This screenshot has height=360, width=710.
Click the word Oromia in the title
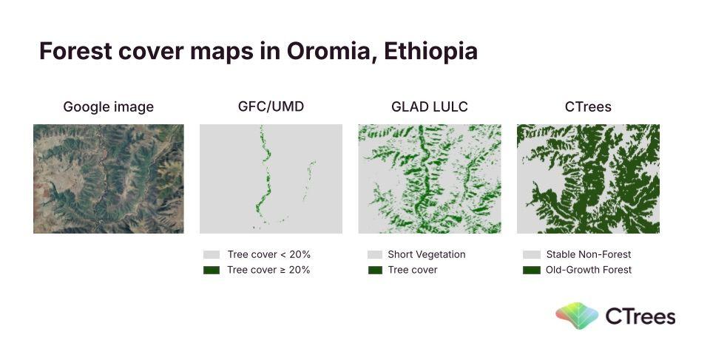coord(328,51)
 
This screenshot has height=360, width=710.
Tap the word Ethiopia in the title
coord(430,52)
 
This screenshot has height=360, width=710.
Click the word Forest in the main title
coord(75,51)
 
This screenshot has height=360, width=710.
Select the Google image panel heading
coord(109,107)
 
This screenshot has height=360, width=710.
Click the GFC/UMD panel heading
coord(271,106)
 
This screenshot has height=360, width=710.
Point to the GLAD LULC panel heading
coord(429,106)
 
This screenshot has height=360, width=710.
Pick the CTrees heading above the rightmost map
coord(588,106)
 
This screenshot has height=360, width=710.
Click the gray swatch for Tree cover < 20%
coord(212,254)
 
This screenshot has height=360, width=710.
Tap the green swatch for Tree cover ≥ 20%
coord(212,270)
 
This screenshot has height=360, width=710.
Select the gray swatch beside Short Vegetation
coord(375,254)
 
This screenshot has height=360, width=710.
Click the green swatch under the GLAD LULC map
coord(375,270)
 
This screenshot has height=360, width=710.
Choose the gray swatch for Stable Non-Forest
coord(532,254)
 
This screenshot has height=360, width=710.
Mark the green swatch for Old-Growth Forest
coord(532,270)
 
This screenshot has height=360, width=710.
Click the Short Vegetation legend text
coord(427,254)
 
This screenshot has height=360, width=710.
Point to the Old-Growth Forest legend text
coord(589,270)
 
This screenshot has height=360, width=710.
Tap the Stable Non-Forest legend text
coord(589,254)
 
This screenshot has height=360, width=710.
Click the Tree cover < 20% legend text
coord(269,254)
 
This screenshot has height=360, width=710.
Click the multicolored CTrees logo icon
coord(577,316)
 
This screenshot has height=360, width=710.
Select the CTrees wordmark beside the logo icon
coord(640,316)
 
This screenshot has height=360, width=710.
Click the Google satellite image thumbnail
coord(109,179)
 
